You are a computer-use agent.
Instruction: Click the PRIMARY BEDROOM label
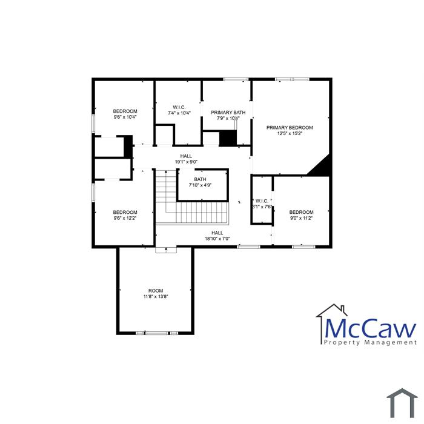[290, 128]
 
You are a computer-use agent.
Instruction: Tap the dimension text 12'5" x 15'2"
[290, 134]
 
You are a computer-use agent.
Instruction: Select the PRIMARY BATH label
[228, 113]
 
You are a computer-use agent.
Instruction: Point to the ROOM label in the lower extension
[156, 291]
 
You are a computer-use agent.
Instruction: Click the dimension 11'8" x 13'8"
[156, 297]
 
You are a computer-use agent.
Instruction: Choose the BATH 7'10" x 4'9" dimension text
[200, 185]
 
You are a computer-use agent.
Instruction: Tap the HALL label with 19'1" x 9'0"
[186, 156]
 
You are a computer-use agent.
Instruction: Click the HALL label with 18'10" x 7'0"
[217, 233]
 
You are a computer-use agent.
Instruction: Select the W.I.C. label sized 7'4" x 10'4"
[179, 107]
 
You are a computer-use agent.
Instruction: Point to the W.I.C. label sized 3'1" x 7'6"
[262, 201]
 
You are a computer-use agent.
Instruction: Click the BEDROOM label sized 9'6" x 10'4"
[125, 111]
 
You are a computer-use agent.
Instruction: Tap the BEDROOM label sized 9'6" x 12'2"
[125, 212]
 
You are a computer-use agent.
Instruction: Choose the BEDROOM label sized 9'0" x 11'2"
[301, 212]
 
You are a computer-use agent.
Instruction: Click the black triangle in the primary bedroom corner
[323, 168]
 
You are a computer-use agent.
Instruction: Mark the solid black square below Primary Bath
[228, 138]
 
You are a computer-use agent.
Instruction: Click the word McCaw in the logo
[371, 328]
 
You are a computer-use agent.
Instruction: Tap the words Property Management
[370, 342]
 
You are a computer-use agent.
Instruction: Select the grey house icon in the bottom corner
[402, 403]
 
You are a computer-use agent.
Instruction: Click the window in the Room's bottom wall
[157, 333]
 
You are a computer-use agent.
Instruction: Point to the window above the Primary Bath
[236, 79]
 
